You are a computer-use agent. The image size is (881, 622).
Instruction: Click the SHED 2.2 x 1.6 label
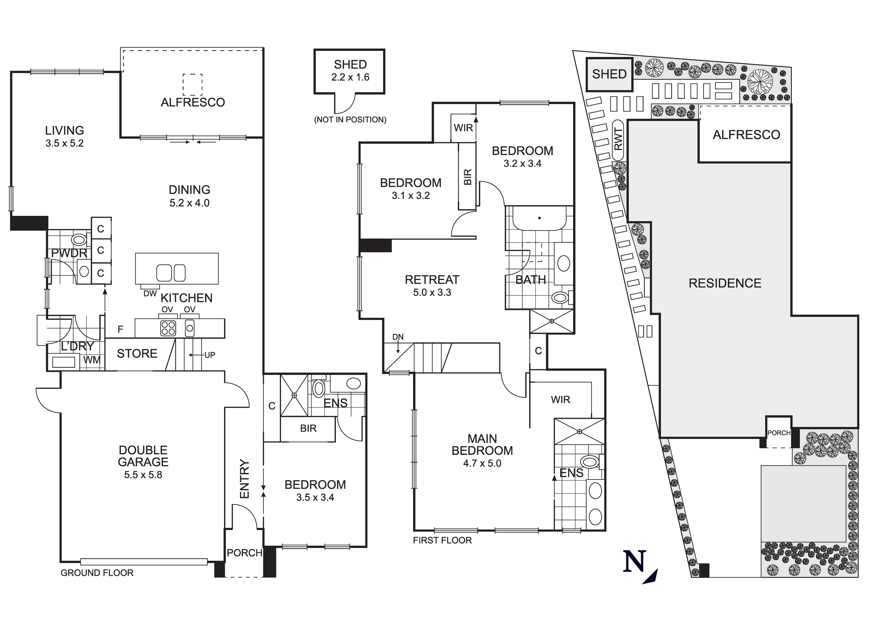tap(350, 71)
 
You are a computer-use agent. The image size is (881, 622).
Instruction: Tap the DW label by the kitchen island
tap(150, 293)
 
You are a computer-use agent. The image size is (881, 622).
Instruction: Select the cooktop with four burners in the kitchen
tap(168, 328)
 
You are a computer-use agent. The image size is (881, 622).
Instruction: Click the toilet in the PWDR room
tap(79, 240)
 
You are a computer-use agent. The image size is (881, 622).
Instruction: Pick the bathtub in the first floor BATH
tap(540, 219)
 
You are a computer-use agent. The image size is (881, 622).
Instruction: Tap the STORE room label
tap(137, 354)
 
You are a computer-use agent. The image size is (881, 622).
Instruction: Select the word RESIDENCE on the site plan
tap(725, 283)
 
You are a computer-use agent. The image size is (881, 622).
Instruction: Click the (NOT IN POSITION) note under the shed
tap(350, 120)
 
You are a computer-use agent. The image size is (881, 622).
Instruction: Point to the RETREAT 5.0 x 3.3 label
tap(432, 286)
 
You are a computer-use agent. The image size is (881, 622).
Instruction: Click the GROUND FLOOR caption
tap(97, 573)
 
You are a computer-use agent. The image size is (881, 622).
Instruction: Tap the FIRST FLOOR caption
tap(442, 540)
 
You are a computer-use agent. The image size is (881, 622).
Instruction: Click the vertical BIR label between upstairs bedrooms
tap(467, 177)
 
